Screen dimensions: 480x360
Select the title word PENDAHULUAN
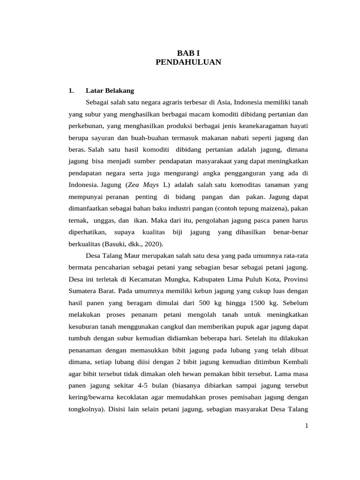[x=188, y=61]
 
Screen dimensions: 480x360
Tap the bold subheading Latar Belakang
[x=110, y=90]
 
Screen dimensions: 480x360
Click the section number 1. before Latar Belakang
[x=71, y=90]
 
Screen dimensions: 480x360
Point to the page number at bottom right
[x=306, y=425]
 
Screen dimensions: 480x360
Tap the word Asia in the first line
[x=223, y=102]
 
